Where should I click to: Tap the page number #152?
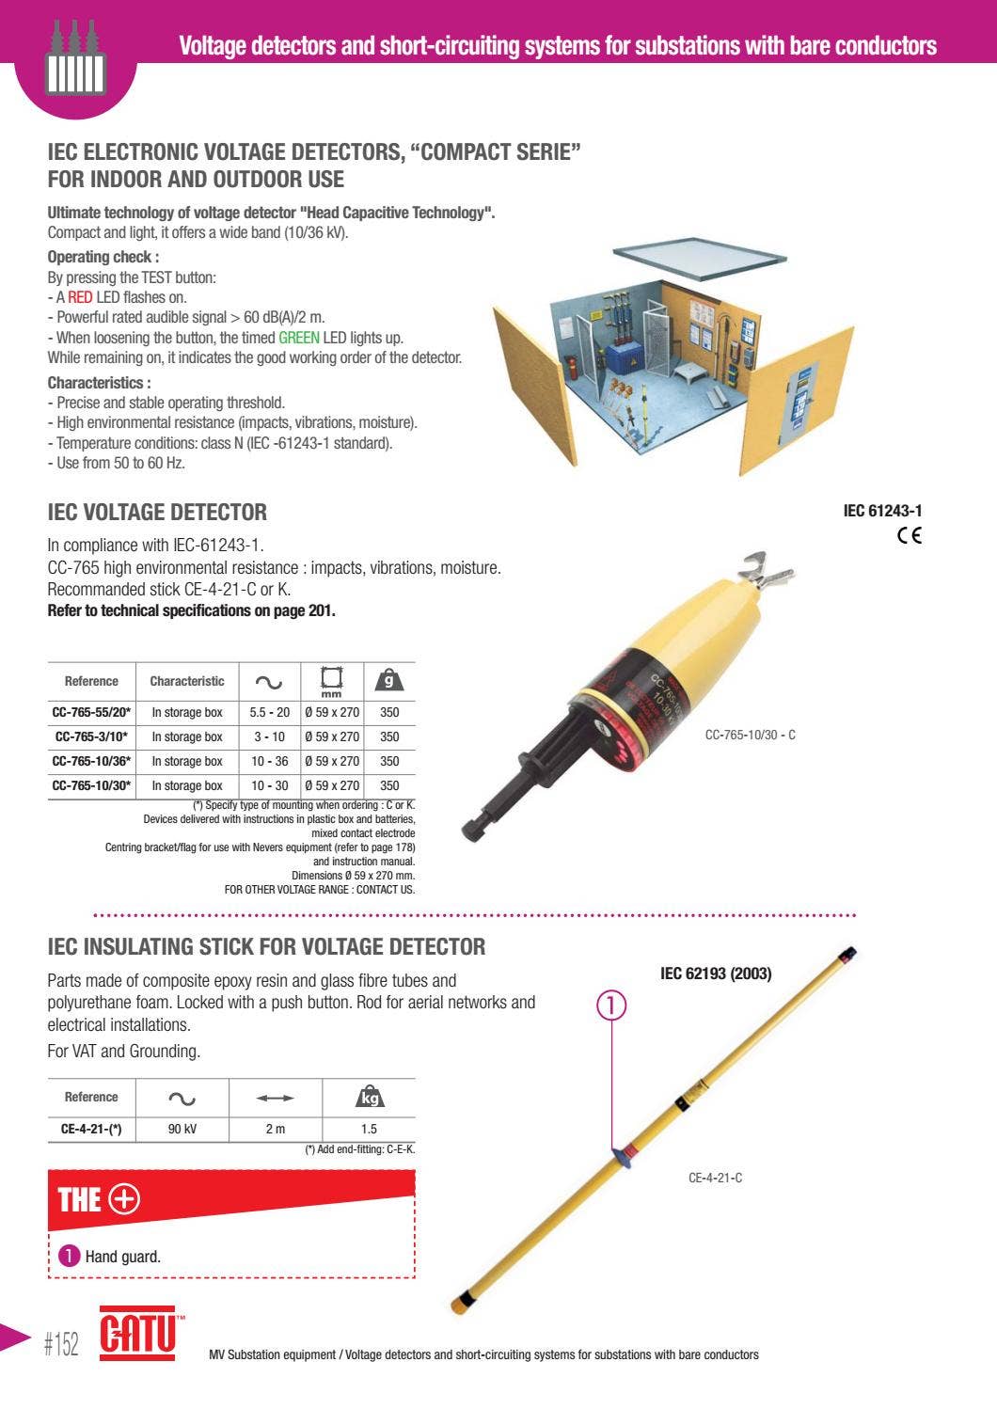61,1344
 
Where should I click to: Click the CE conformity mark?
909,535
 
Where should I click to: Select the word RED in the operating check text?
80,297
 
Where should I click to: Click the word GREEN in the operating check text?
298,338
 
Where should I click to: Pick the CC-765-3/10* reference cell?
91,736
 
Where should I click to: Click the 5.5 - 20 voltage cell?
269,712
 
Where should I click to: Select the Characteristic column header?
187,681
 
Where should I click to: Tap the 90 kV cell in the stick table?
182,1129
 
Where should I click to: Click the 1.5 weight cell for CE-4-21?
369,1129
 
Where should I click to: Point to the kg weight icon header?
370,1097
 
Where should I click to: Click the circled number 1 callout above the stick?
611,1005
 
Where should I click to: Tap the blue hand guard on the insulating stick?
621,1156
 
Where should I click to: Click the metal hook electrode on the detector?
765,567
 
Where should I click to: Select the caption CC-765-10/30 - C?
750,735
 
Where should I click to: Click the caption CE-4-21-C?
715,1178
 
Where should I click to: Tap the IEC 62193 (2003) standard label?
716,974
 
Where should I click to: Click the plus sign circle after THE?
124,1199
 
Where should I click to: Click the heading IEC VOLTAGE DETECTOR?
157,513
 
